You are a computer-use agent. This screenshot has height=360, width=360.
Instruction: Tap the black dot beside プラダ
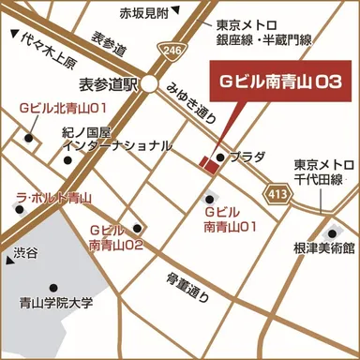pos(220,157)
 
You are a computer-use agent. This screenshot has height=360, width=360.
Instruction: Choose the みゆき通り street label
pos(193,100)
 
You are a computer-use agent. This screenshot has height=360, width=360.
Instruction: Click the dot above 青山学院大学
pos(53,288)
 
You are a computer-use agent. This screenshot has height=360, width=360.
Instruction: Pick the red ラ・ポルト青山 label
pos(53,198)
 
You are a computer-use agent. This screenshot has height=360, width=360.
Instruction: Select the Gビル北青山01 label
pos(55,110)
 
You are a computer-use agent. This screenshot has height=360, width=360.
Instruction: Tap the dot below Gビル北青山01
pos(31,140)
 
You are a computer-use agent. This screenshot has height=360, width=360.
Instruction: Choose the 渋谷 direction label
pos(25,254)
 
